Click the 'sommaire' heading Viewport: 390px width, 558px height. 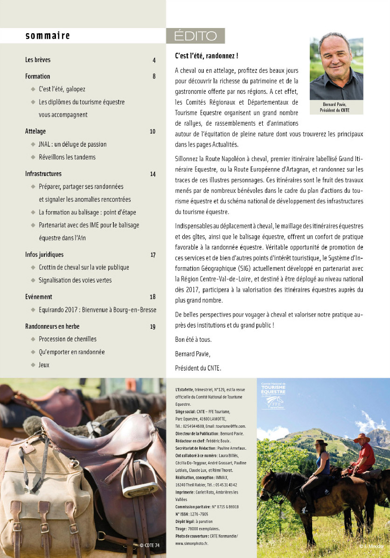[x=48, y=35]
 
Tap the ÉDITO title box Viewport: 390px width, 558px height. [x=195, y=36]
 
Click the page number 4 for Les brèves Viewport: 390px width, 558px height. [x=153, y=60]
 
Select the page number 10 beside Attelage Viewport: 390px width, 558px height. [x=153, y=131]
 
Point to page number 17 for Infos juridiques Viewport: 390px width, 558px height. [x=153, y=254]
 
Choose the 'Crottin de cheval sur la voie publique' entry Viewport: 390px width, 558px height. [x=84, y=267]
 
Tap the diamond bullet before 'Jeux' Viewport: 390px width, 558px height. [x=33, y=365]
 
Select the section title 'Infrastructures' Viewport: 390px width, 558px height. [x=43, y=174]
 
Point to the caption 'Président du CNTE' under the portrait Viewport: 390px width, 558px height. [x=334, y=110]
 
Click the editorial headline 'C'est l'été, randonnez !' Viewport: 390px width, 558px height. [x=207, y=56]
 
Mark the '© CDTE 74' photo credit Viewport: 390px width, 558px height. [x=149, y=545]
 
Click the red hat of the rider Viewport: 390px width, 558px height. [x=362, y=438]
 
